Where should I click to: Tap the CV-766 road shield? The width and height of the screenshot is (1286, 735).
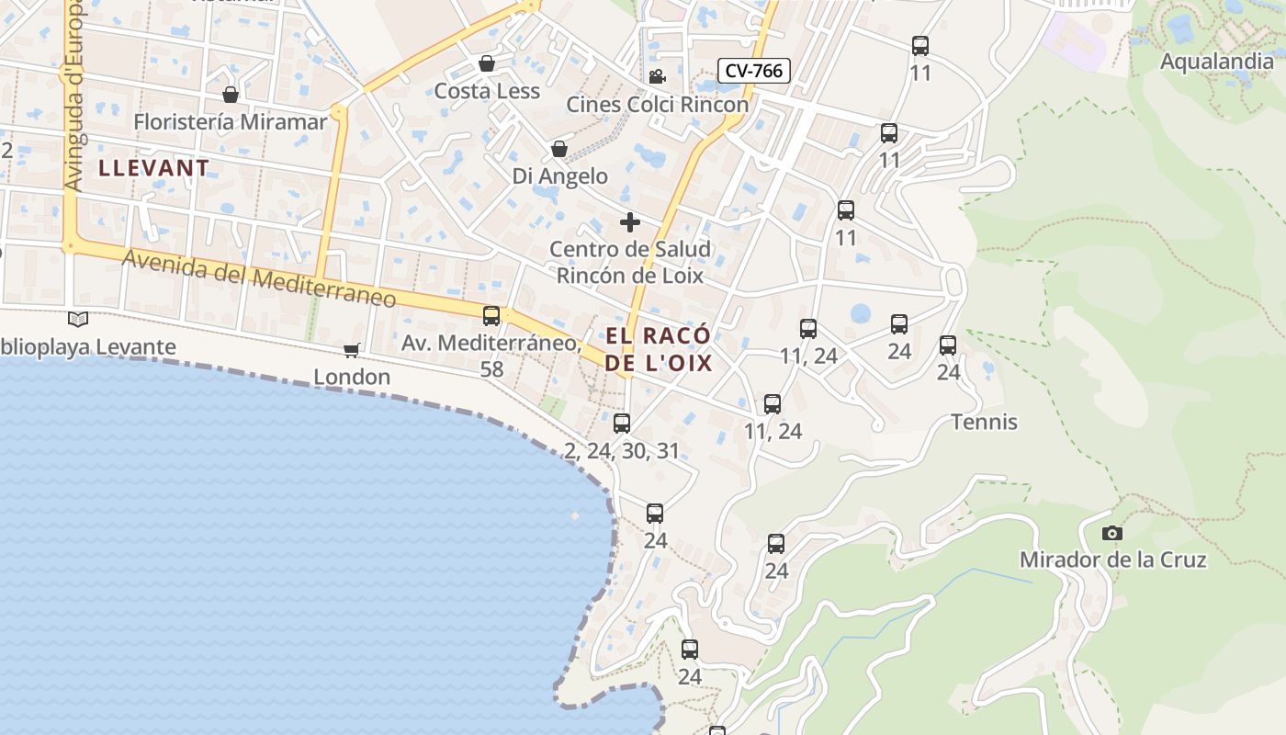click(753, 70)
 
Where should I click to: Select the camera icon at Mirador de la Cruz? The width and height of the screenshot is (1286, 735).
click(1111, 533)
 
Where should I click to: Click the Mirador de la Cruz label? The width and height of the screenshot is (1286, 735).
click(1112, 560)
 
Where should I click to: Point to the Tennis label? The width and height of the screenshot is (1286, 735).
click(984, 422)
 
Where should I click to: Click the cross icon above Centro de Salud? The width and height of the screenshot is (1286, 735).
click(630, 222)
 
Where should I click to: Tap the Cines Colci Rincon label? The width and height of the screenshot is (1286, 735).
click(657, 104)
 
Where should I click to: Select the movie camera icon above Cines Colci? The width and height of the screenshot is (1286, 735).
click(657, 77)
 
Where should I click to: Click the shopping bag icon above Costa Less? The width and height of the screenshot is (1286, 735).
click(487, 63)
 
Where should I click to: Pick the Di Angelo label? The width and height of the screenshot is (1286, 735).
click(560, 175)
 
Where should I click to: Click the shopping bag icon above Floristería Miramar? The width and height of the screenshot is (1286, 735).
click(231, 95)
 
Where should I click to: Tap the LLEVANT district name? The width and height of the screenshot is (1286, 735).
click(153, 168)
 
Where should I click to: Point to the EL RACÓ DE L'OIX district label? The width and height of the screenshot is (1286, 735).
click(659, 348)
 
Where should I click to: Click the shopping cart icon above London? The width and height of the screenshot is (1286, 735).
click(351, 350)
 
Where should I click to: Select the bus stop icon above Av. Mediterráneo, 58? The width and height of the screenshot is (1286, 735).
click(491, 316)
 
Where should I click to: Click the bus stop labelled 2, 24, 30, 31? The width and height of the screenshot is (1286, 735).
click(622, 424)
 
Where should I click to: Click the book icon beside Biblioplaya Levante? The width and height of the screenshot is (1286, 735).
click(78, 320)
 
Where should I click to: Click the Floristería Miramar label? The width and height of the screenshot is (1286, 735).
click(230, 121)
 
